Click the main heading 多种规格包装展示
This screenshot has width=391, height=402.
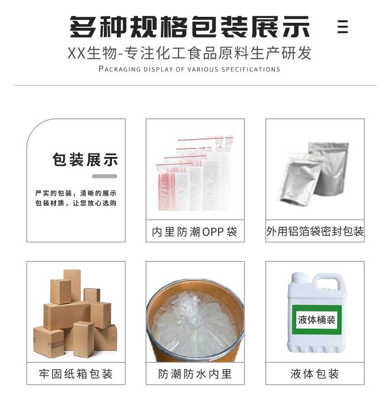(x=190, y=27)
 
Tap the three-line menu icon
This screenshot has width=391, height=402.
(x=342, y=27)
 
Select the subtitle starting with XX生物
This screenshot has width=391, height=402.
(x=190, y=53)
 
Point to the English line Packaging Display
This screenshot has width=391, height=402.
(x=190, y=69)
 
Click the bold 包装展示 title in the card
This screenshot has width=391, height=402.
(x=85, y=159)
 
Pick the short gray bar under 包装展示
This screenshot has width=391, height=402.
(x=104, y=176)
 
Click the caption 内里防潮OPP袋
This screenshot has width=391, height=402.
(x=195, y=232)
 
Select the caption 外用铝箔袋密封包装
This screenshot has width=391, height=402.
(x=315, y=231)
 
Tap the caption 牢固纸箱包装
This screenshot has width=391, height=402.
(x=76, y=374)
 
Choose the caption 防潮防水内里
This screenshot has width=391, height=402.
(x=195, y=374)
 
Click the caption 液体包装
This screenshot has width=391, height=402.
(x=315, y=374)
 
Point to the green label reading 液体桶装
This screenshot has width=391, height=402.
(x=317, y=320)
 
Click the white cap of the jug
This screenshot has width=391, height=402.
(x=299, y=278)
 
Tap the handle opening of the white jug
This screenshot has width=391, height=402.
(x=328, y=285)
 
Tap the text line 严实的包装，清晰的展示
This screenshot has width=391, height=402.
(x=76, y=193)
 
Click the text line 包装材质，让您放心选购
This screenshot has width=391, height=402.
(x=76, y=203)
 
